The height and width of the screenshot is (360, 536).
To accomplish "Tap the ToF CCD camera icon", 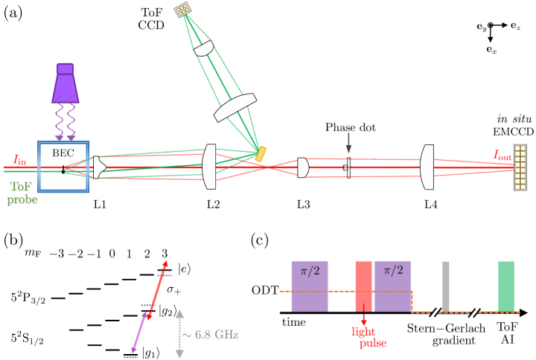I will click(182, 10).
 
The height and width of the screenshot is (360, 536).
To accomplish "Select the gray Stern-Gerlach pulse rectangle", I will click(445, 282).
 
